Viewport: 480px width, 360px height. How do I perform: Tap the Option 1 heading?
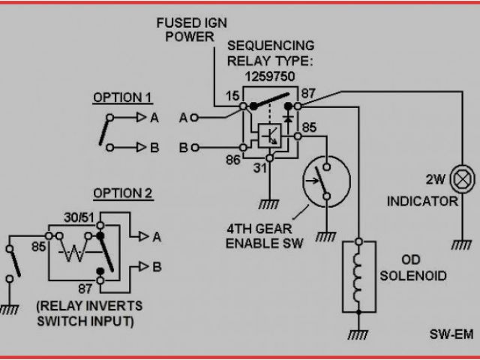click(122, 97)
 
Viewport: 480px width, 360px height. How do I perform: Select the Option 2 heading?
click(122, 193)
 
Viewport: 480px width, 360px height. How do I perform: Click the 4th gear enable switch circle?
click(325, 180)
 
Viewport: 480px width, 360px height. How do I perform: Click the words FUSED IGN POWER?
click(187, 28)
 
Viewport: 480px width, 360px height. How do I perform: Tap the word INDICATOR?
click(422, 201)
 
